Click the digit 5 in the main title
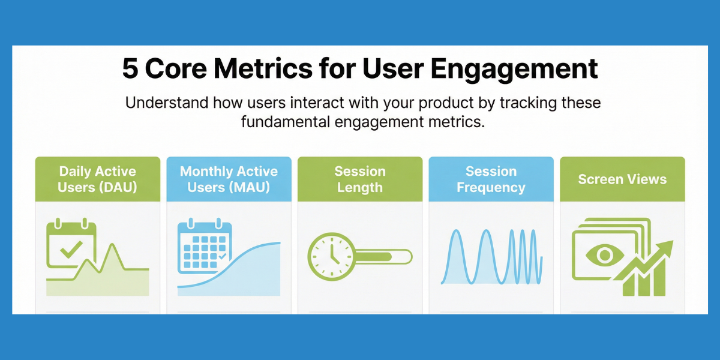(x=130, y=69)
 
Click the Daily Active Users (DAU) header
(x=98, y=179)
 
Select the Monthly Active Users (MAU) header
(x=229, y=179)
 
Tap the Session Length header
(x=360, y=179)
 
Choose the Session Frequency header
(x=491, y=179)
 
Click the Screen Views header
(x=622, y=179)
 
